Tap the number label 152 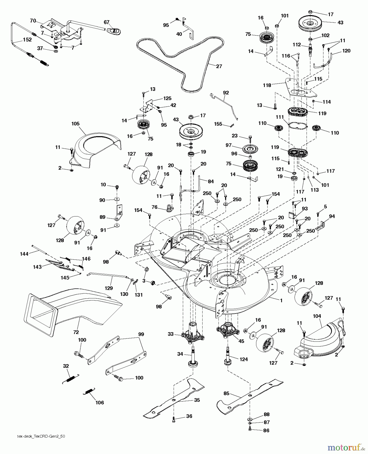pos(27,40)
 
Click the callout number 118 pos(267,85)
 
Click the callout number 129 pos(109,288)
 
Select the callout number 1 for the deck pos(281,300)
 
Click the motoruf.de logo pos(346,447)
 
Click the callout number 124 pos(244,359)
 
